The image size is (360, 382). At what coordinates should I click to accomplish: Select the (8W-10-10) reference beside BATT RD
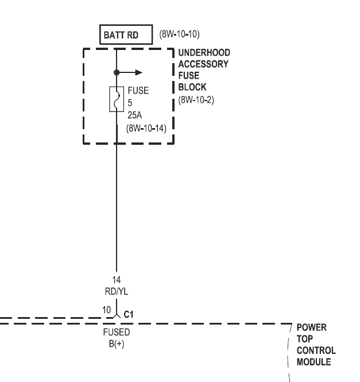point(179,34)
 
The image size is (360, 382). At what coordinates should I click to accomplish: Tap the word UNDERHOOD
point(204,53)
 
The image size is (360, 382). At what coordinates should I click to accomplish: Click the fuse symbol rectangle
point(117,99)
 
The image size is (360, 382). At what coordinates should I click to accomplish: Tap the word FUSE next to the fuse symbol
point(138,91)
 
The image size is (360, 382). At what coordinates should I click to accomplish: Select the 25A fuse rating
point(135,115)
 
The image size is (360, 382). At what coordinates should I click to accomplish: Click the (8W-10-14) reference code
point(146,128)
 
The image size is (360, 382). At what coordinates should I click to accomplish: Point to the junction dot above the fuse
point(117,73)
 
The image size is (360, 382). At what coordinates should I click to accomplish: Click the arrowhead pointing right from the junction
point(138,73)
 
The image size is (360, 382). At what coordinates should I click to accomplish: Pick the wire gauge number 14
point(117,280)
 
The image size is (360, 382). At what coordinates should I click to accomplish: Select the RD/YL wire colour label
point(117,291)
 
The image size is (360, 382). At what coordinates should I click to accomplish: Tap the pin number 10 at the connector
point(106,310)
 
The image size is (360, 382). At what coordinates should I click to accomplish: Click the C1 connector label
point(129,314)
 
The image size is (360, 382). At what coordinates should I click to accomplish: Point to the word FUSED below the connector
point(117,333)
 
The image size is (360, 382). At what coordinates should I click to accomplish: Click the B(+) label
point(117,344)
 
